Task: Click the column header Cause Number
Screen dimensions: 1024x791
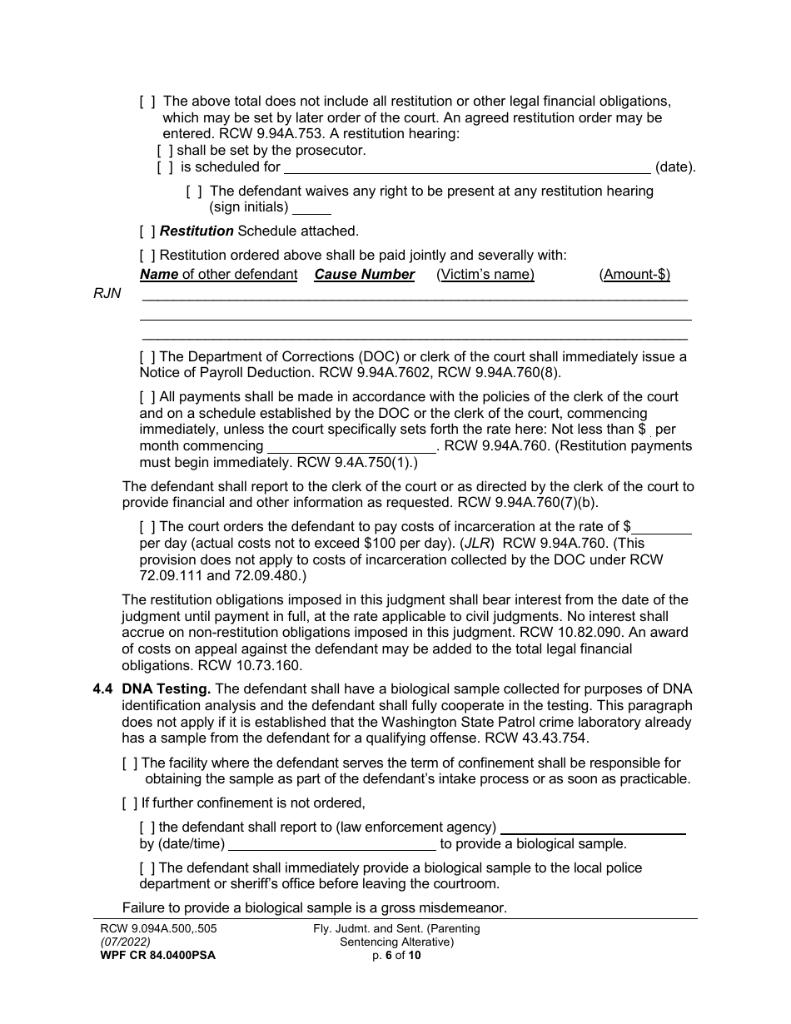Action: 364,275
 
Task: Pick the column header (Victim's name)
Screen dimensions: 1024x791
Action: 485,275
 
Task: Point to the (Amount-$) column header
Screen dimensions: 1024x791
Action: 634,275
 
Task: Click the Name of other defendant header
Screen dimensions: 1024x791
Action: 218,275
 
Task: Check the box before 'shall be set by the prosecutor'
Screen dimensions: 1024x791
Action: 165,151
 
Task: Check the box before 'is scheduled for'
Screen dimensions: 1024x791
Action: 165,167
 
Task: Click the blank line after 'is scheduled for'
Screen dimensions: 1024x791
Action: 467,167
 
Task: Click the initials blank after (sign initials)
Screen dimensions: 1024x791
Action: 312,208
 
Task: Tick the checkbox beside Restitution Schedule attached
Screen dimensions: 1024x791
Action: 147,231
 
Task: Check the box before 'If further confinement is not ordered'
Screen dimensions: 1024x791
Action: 130,803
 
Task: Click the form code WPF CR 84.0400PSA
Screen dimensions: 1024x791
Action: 154,956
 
